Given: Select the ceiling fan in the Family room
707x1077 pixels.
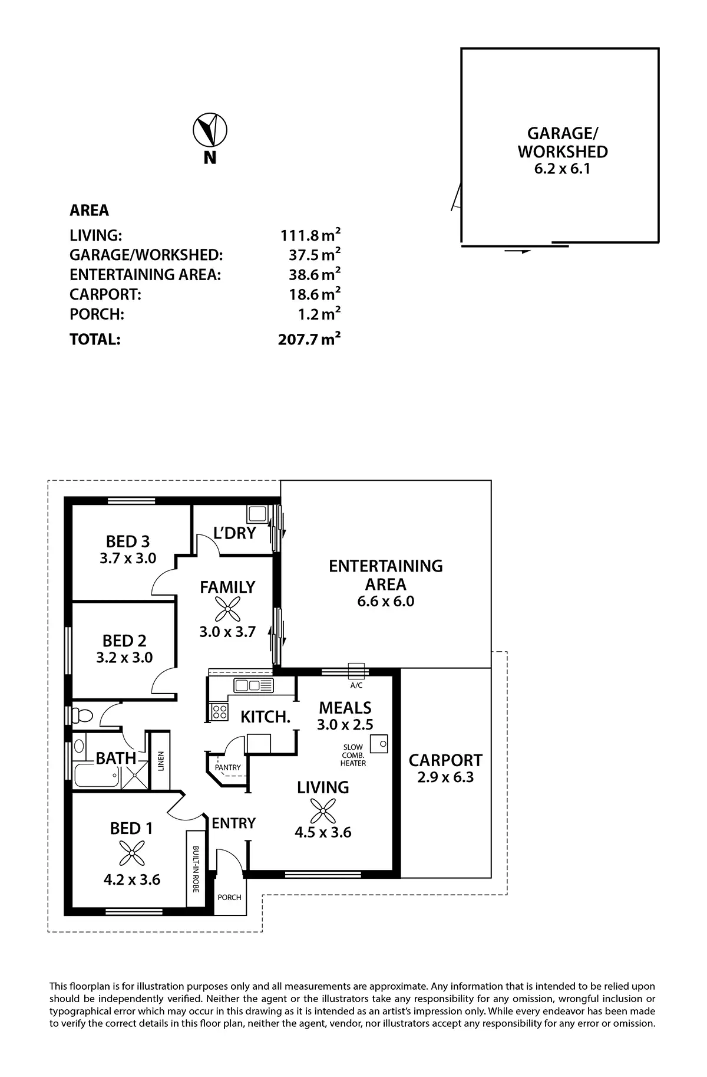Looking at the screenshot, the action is pyautogui.click(x=227, y=609).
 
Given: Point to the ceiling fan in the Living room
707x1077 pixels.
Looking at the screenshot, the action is pyautogui.click(x=322, y=810).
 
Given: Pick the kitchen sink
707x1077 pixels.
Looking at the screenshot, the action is pyautogui.click(x=253, y=685).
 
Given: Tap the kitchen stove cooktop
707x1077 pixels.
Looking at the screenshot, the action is pyautogui.click(x=220, y=711).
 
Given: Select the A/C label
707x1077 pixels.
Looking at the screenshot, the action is pyautogui.click(x=356, y=685).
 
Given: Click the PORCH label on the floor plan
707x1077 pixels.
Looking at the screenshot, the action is pyautogui.click(x=229, y=897).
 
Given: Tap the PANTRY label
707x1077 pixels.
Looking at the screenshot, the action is pyautogui.click(x=227, y=767).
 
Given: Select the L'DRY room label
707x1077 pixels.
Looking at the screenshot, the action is pyautogui.click(x=234, y=533).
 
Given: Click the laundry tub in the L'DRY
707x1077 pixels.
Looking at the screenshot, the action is pyautogui.click(x=257, y=514).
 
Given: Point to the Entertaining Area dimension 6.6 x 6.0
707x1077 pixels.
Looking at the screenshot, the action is pyautogui.click(x=385, y=602).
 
